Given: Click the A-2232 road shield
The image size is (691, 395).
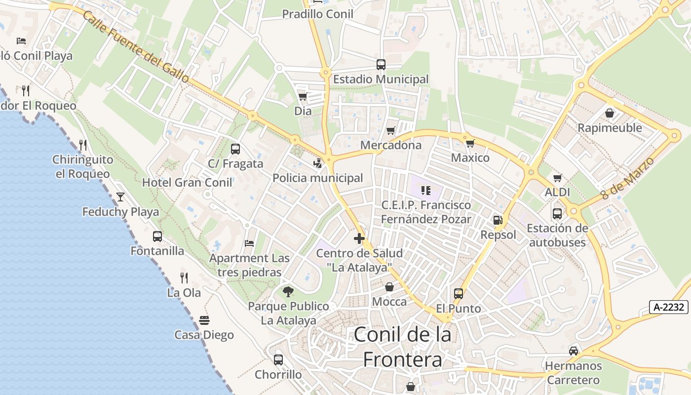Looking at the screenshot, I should [x=669, y=307].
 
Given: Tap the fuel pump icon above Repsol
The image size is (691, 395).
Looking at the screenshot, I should [x=498, y=220].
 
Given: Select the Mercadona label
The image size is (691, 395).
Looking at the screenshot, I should [x=391, y=145].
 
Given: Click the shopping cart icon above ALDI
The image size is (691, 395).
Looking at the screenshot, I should [x=558, y=178].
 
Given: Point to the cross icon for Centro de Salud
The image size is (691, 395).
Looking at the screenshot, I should [x=359, y=238].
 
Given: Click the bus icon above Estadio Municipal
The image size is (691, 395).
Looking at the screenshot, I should [x=381, y=64].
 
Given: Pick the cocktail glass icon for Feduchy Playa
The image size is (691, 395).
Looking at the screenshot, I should [x=120, y=197].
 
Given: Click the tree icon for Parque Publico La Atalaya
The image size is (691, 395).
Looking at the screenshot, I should [x=288, y=291].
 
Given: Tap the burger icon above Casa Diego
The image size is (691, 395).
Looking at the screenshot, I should [x=204, y=320].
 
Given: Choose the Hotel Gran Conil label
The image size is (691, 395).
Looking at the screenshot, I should [x=187, y=183].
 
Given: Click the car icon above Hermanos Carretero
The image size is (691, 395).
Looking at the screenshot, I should [x=574, y=351].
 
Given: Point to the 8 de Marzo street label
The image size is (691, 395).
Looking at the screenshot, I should [x=627, y=178].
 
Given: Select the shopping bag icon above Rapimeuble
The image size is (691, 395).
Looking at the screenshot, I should [x=610, y=113].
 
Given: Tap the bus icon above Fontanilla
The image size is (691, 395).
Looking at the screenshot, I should [x=157, y=236].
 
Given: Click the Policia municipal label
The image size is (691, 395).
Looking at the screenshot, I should [x=318, y=178].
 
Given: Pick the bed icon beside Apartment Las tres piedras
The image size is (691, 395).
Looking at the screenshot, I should [x=249, y=243].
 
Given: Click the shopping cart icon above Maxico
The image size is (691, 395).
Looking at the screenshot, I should [x=470, y=143].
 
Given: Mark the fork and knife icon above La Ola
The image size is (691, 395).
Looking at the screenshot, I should [x=184, y=277].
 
